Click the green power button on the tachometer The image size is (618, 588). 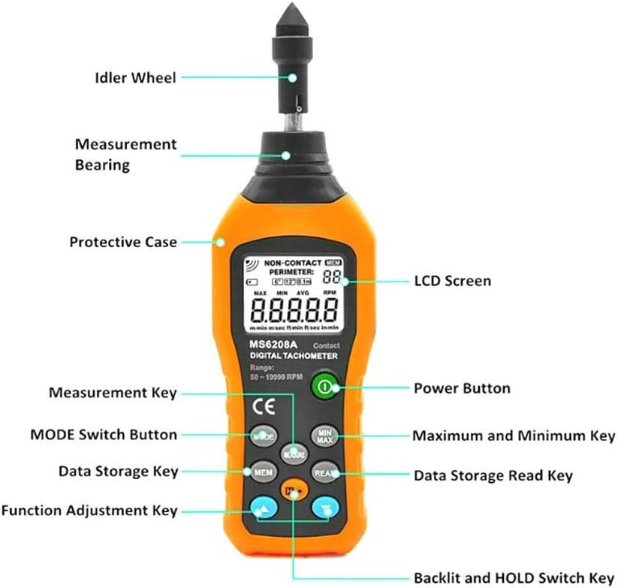click(x=324, y=387)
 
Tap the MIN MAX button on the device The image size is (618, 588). click(x=324, y=436)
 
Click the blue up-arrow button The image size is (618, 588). click(x=263, y=508)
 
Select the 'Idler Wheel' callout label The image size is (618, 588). click(x=135, y=77)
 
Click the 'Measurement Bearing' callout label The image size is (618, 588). click(x=125, y=154)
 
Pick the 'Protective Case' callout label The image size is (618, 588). click(x=123, y=242)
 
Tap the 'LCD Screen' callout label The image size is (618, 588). click(x=452, y=281)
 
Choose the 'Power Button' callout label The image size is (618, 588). click(x=462, y=388)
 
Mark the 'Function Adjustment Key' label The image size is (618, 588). click(x=89, y=511)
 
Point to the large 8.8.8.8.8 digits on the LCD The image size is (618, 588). click(x=294, y=309)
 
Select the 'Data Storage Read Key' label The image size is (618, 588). click(x=493, y=475)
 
